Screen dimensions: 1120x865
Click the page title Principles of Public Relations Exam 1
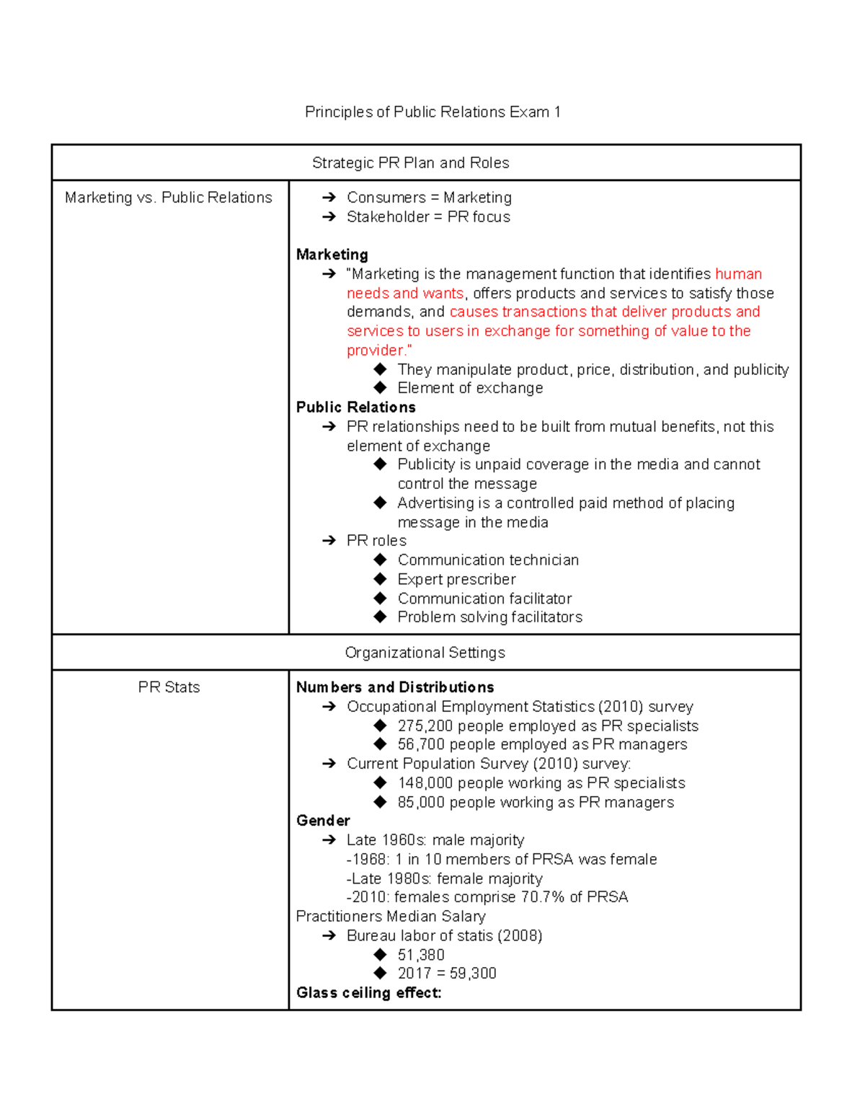pyautogui.click(x=432, y=112)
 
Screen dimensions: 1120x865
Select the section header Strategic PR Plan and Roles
pyautogui.click(x=410, y=163)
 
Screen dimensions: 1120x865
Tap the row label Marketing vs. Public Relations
pyautogui.click(x=169, y=198)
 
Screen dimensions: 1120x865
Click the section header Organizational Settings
pyautogui.click(x=425, y=653)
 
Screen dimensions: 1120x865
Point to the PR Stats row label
pyautogui.click(x=169, y=687)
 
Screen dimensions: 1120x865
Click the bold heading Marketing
pyautogui.click(x=332, y=255)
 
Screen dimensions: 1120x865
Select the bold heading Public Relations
pyautogui.click(x=355, y=407)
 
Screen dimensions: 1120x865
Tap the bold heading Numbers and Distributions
pyautogui.click(x=395, y=687)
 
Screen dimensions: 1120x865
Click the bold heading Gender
pyautogui.click(x=323, y=821)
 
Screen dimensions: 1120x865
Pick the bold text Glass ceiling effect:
pyautogui.click(x=368, y=993)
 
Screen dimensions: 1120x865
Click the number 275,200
pyautogui.click(x=425, y=726)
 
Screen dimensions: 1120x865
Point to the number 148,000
pyautogui.click(x=425, y=783)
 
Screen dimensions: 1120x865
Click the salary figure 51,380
pyautogui.click(x=421, y=955)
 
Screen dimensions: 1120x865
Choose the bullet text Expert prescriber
pyautogui.click(x=456, y=580)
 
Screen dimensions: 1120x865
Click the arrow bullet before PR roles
pyautogui.click(x=329, y=541)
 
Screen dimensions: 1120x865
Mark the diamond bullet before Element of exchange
pyautogui.click(x=381, y=388)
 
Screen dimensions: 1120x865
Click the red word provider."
pyautogui.click(x=379, y=350)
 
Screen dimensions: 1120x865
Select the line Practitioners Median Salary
pyautogui.click(x=391, y=917)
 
